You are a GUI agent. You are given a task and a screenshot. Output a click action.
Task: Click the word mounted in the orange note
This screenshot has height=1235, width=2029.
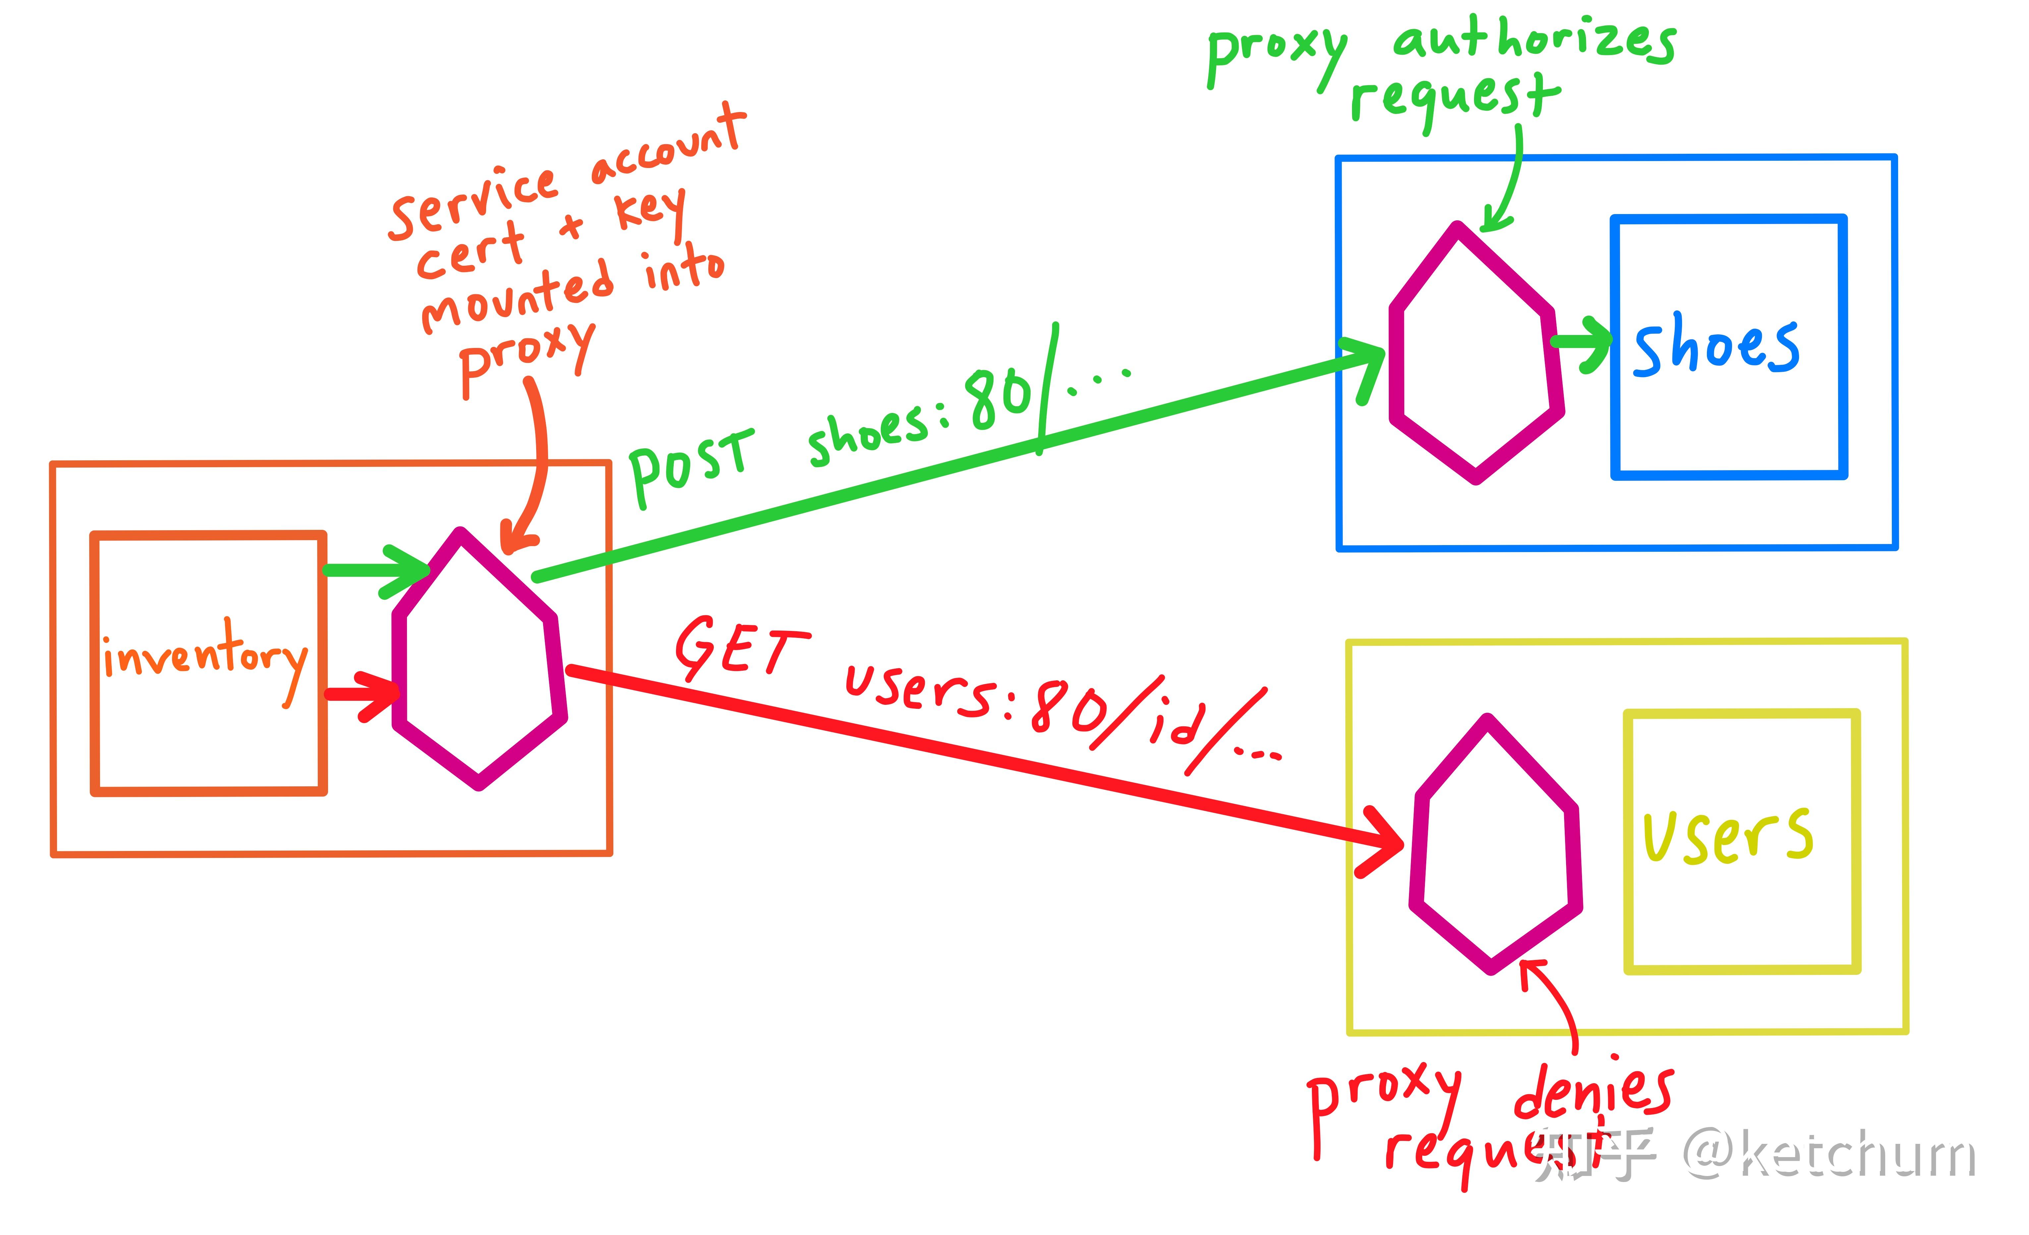[x=517, y=296]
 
